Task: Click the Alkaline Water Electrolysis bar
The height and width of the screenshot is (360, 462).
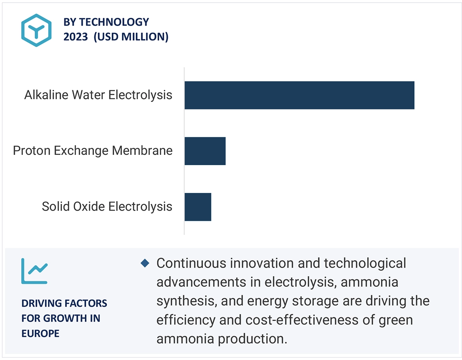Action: click(x=299, y=95)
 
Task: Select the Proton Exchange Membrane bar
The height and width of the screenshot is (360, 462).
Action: click(x=205, y=151)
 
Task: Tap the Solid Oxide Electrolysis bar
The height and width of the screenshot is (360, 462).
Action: click(x=198, y=207)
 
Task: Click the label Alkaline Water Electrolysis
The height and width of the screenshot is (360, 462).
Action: click(x=98, y=95)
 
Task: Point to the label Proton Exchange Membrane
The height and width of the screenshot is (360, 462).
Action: click(x=93, y=151)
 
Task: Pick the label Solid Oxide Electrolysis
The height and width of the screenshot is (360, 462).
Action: click(x=107, y=207)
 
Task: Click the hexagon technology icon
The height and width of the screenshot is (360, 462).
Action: click(x=37, y=30)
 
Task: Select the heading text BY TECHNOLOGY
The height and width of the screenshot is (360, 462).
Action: click(x=106, y=22)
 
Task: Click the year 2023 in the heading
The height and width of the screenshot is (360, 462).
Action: click(x=76, y=37)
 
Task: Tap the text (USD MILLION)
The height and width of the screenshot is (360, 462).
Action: click(x=131, y=37)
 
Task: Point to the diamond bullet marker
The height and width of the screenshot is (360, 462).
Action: click(x=145, y=263)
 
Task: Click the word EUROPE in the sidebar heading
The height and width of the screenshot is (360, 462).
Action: click(x=40, y=333)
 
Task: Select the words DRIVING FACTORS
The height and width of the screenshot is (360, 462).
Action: click(x=64, y=303)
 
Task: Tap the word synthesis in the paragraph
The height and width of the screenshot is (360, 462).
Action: click(x=185, y=301)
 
